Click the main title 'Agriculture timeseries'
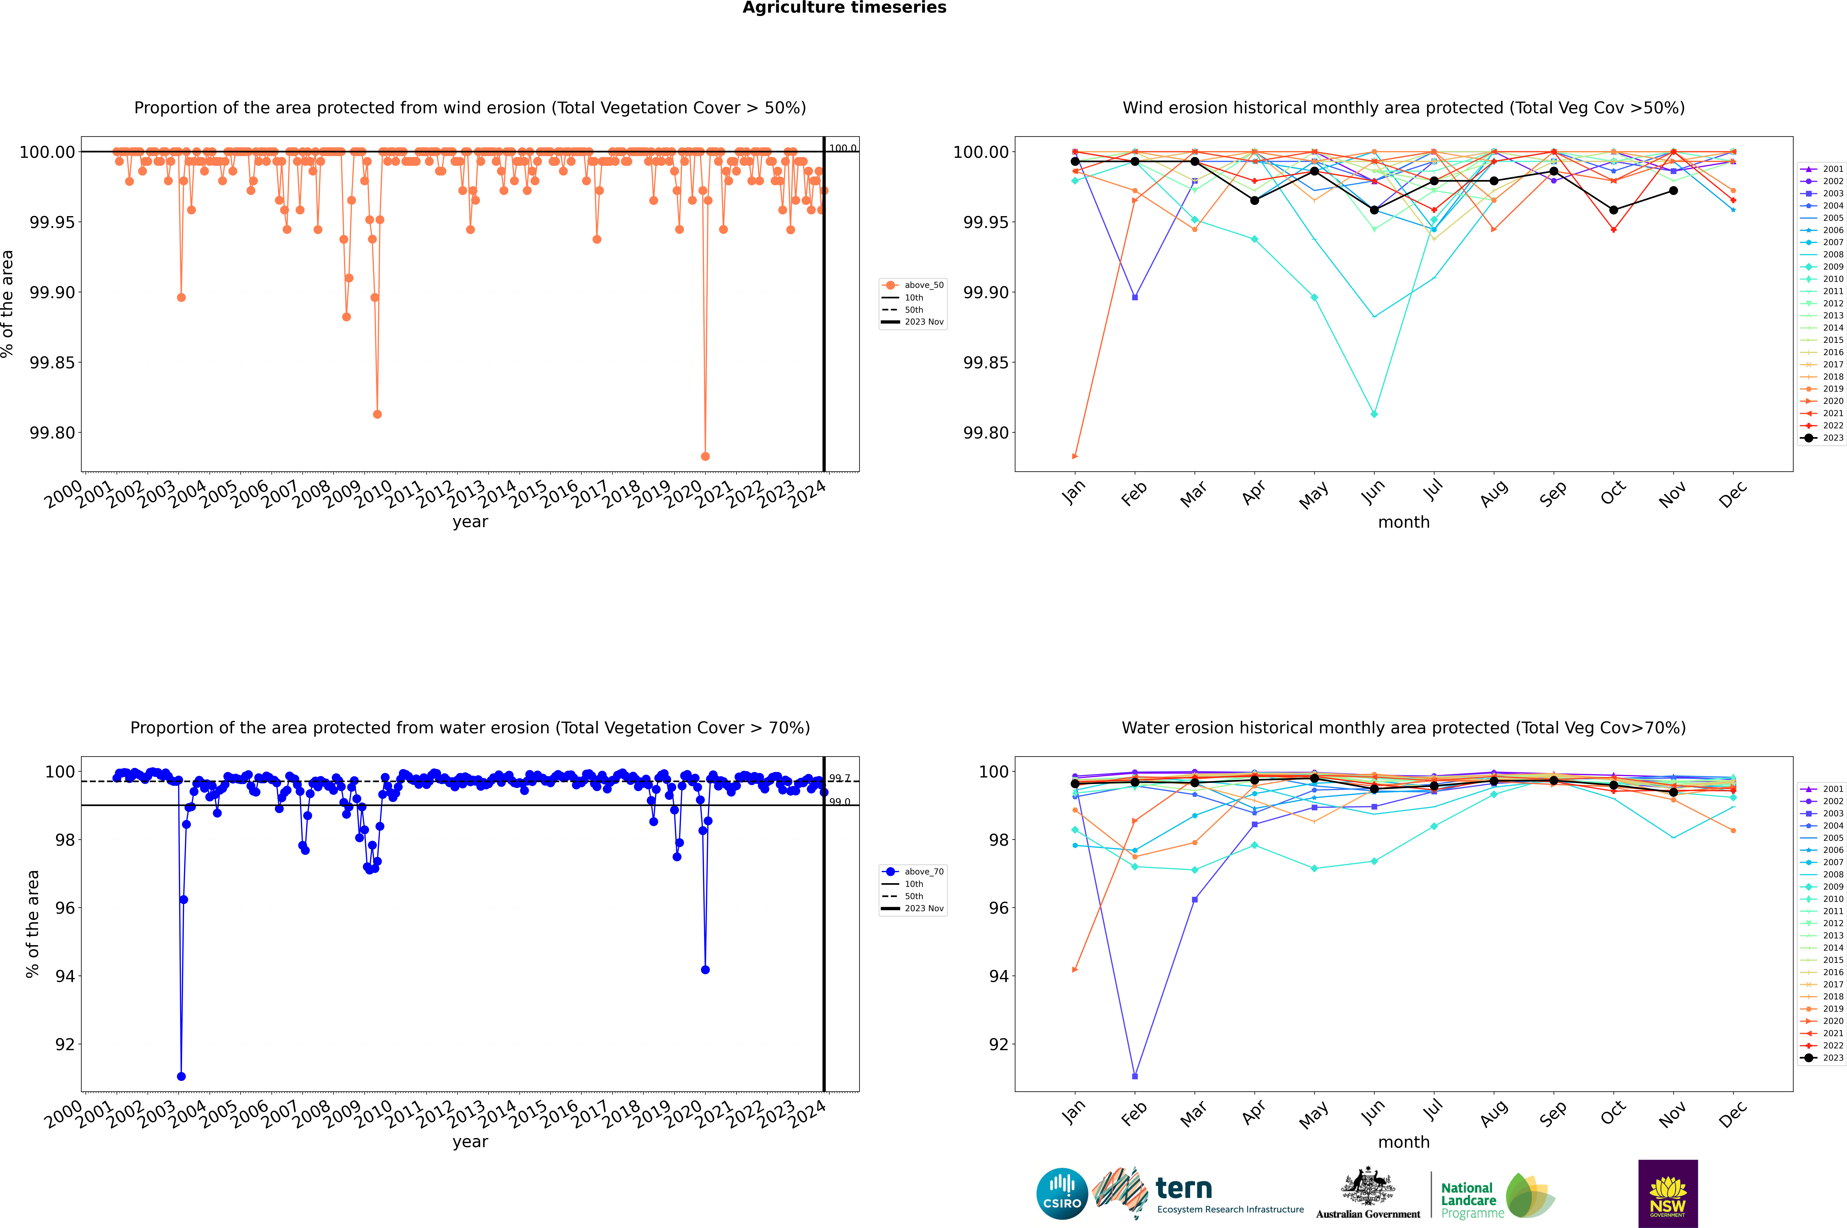coord(844,8)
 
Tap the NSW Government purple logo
coord(1668,1194)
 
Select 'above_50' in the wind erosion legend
coord(924,285)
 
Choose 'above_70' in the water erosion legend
coord(924,872)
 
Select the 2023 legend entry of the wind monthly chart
coord(1832,438)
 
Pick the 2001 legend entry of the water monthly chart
coord(1832,789)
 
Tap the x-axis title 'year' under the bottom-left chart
coord(470,1142)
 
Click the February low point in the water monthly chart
coord(1135,1076)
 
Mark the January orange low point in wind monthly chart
coord(1075,456)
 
